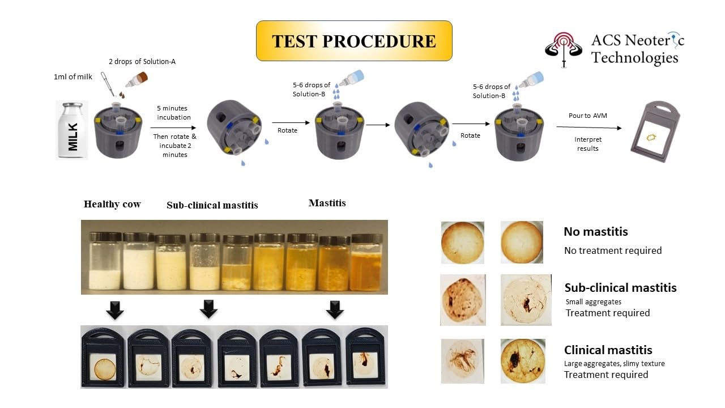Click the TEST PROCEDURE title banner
point(354,41)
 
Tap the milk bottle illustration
point(72,130)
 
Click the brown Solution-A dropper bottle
point(137,80)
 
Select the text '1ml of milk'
point(73,76)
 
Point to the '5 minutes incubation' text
point(173,113)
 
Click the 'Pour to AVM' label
point(588,116)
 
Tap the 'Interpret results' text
point(588,144)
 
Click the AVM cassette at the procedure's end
point(655,131)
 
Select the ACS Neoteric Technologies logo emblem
point(564,49)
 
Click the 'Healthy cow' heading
point(112,204)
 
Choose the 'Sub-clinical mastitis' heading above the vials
point(212,205)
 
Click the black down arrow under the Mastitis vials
point(335,310)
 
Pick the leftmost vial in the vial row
point(105,261)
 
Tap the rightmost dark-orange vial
point(366,262)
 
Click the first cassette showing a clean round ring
point(103,358)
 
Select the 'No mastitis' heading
point(595,232)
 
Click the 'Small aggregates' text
point(593,302)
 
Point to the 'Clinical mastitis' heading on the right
point(608,350)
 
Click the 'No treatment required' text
point(613,250)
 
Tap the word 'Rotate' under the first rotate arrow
point(287,130)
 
